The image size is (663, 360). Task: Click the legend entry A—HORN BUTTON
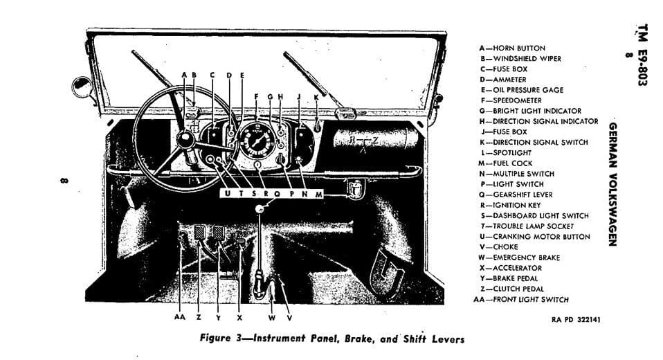pyautogui.click(x=511, y=48)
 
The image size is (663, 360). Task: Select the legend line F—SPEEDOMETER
pyautogui.click(x=512, y=100)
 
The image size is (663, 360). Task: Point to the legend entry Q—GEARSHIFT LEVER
pyautogui.click(x=516, y=195)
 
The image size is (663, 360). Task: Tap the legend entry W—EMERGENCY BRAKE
pyautogui.click(x=519, y=258)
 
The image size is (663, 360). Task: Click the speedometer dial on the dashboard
pyautogui.click(x=257, y=141)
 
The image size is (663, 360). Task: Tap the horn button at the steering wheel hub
pyautogui.click(x=185, y=141)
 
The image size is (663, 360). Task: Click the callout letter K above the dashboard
pyautogui.click(x=316, y=97)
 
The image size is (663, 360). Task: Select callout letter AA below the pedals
pyautogui.click(x=180, y=317)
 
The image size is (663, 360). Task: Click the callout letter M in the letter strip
pyautogui.click(x=318, y=195)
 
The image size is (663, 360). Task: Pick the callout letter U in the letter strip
pyautogui.click(x=228, y=195)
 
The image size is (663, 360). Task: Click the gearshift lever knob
pyautogui.click(x=260, y=208)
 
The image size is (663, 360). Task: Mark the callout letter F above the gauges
pyautogui.click(x=256, y=97)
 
